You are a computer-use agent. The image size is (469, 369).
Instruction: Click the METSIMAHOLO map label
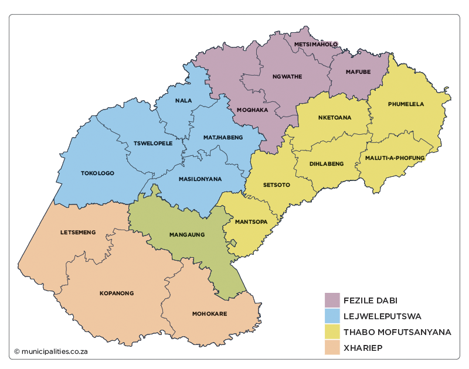[x=316, y=45]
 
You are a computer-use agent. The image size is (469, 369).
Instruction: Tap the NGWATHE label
[x=287, y=76]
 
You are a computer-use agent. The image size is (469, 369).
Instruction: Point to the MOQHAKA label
[x=252, y=110]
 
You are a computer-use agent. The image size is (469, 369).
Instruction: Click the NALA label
[x=183, y=101]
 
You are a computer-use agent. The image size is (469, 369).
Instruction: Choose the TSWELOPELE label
[x=153, y=143]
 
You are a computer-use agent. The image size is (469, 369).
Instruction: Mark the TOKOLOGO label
[x=97, y=173]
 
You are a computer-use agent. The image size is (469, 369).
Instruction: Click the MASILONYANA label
[x=200, y=179]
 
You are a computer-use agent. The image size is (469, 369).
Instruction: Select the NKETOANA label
[x=335, y=117]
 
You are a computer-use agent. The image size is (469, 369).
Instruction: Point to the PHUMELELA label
[x=406, y=104]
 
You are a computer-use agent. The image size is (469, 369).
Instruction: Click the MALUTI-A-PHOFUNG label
[x=395, y=158]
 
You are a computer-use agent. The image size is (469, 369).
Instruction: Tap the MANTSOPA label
[x=251, y=222]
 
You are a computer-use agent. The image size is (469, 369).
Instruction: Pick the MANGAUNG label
[x=186, y=234]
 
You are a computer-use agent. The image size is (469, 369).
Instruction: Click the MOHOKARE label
[x=209, y=314]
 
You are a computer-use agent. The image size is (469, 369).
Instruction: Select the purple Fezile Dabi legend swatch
[x=332, y=300]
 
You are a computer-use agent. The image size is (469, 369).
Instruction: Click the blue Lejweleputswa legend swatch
[x=332, y=316]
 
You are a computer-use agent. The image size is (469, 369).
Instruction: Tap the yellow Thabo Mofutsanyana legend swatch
[x=332, y=332]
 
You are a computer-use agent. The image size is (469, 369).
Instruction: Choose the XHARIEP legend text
[x=363, y=348]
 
